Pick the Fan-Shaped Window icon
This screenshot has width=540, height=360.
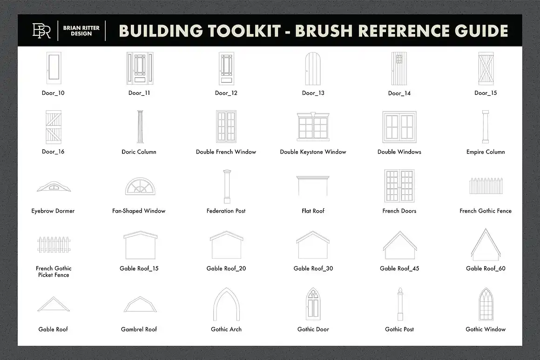click(x=139, y=186)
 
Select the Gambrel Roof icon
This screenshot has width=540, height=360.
click(x=139, y=305)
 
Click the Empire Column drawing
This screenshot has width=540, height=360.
click(x=486, y=127)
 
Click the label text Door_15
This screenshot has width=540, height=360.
click(x=486, y=93)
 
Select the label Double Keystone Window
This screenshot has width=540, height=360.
click(x=313, y=152)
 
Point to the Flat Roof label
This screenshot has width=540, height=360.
click(x=313, y=211)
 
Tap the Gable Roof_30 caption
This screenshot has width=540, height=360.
click(x=313, y=268)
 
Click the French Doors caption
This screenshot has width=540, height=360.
click(x=399, y=211)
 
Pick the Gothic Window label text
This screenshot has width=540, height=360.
click(x=486, y=329)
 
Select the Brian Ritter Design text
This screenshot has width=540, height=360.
click(x=81, y=31)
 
